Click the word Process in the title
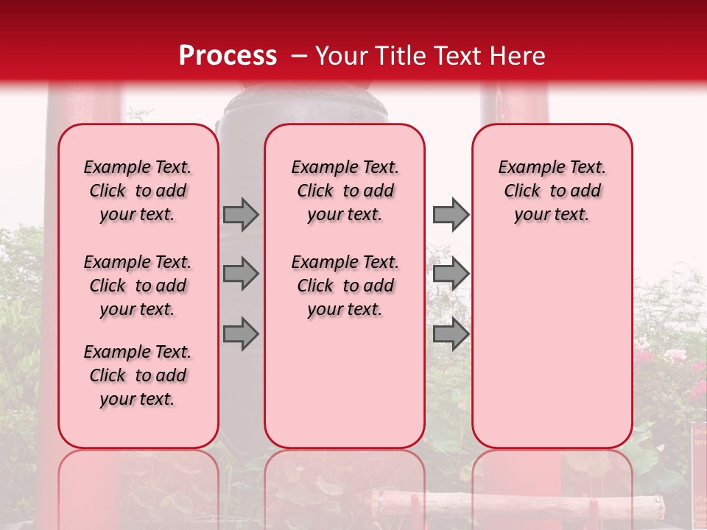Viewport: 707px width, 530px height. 228,55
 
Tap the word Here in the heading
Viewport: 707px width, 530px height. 516,55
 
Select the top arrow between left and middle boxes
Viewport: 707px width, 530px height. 241,214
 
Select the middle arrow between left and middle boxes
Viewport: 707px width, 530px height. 241,274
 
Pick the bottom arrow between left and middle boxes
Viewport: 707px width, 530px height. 241,334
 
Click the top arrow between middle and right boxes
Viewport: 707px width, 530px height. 451,214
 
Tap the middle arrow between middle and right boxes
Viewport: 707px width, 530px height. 451,274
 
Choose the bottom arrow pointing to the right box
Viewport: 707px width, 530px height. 451,334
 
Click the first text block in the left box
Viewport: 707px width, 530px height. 138,191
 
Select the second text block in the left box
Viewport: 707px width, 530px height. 138,286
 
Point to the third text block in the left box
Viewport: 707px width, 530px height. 138,375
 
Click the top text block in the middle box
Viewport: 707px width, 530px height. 345,191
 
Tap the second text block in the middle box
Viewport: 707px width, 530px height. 345,286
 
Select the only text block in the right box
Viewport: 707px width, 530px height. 552,191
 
